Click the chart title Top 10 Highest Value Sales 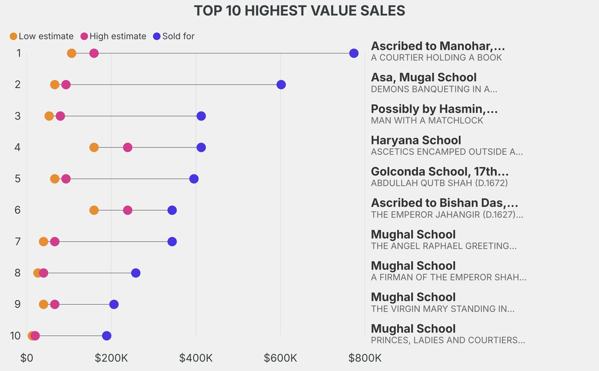point(299,11)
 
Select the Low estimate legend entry point(41,36)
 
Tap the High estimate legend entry point(113,36)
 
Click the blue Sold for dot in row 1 point(354,53)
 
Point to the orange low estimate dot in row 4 point(94,147)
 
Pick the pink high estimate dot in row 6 point(128,210)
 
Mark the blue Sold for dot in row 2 point(281,85)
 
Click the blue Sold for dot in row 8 point(136,273)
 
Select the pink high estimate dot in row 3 point(60,116)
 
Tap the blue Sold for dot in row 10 point(106,336)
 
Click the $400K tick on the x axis point(196,358)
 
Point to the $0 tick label point(27,358)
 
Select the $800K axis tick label point(365,358)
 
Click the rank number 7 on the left point(18,242)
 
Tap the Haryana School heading point(416,140)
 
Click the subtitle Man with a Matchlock point(427,121)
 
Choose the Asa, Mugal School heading point(424,77)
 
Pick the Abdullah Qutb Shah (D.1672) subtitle point(439,183)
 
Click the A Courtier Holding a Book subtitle point(436,58)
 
